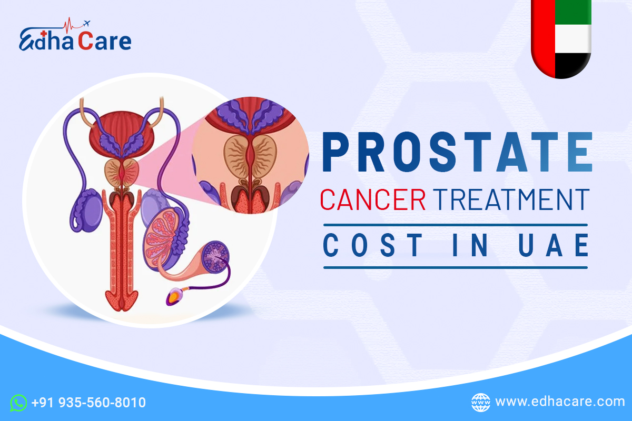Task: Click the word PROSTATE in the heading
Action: pos(456,153)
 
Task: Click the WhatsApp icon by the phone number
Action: pos(19,403)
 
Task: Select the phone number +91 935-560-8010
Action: pos(88,403)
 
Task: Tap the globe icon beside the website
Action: pos(480,402)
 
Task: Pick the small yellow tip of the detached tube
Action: pos(173,299)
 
